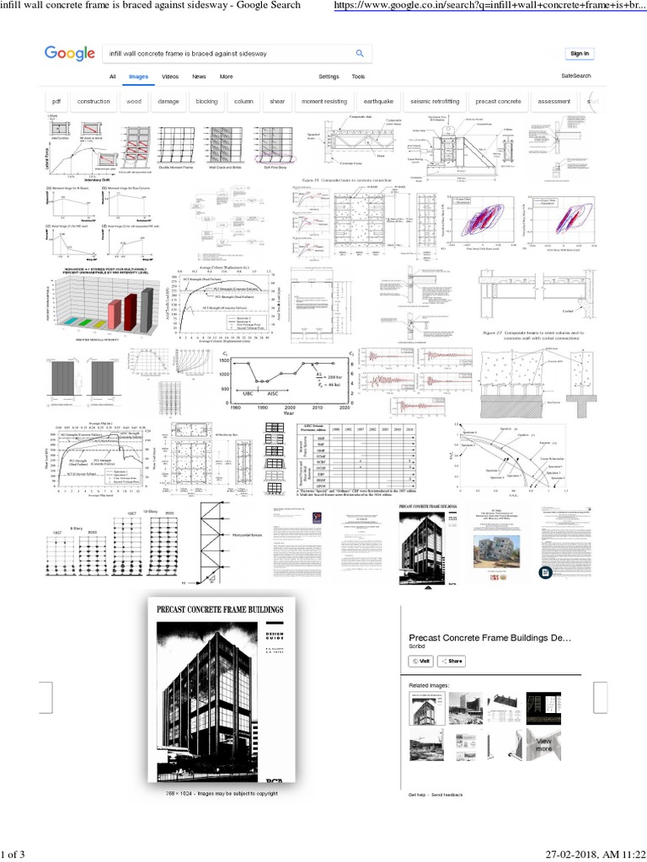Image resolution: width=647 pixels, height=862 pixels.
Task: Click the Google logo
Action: click(70, 54)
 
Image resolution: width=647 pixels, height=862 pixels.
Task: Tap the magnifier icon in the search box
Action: click(359, 53)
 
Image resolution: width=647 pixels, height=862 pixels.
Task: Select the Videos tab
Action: click(170, 77)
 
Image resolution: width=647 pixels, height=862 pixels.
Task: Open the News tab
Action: click(199, 77)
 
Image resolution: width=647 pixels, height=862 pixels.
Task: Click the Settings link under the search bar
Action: click(329, 77)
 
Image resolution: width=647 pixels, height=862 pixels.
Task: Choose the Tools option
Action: click(358, 77)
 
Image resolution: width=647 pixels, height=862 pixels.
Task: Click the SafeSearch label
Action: click(575, 77)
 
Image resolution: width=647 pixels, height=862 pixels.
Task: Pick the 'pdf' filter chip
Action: click(57, 101)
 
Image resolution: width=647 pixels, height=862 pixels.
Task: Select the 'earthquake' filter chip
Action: click(372, 101)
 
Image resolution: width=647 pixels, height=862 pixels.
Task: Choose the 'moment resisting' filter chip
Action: click(323, 101)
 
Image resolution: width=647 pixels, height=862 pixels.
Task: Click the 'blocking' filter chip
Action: click(206, 101)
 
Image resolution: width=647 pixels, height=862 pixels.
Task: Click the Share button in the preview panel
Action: click(452, 661)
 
